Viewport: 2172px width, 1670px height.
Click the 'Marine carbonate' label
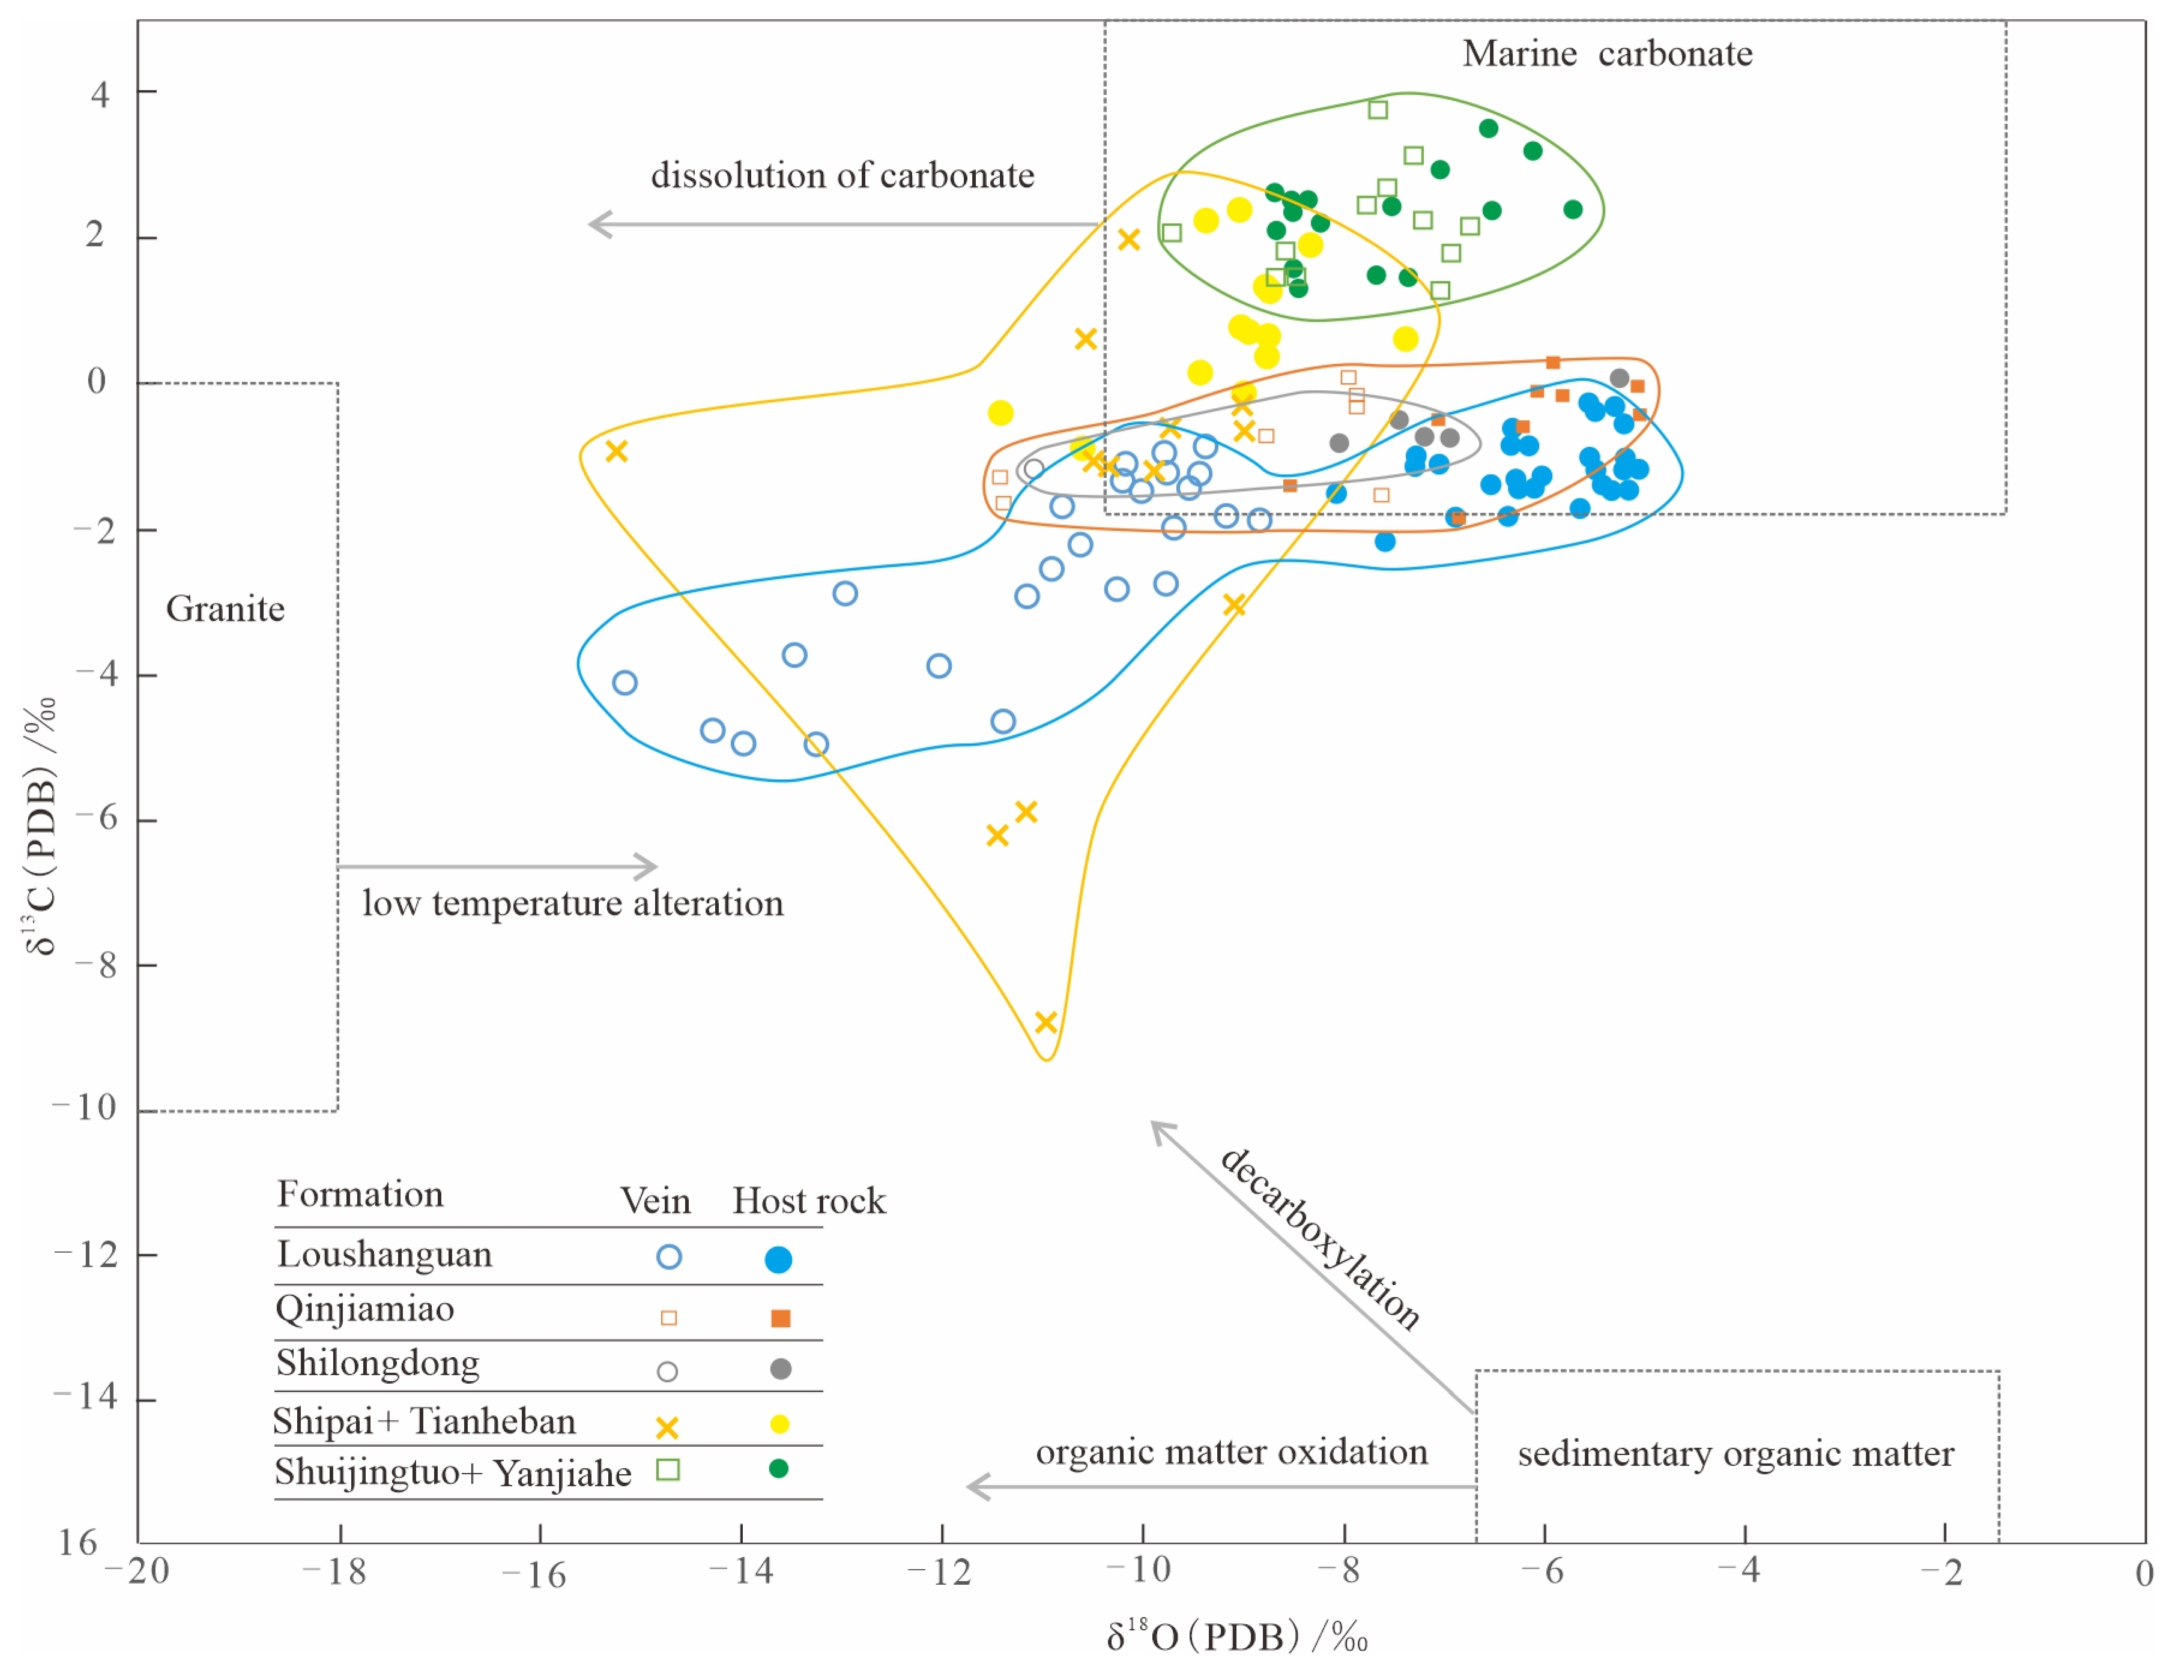[1607, 53]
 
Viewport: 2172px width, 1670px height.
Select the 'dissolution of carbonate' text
[842, 176]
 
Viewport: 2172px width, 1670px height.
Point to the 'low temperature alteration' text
[573, 903]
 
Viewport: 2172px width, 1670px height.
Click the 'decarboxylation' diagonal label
[1320, 1238]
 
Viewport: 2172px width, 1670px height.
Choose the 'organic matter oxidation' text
[1231, 1452]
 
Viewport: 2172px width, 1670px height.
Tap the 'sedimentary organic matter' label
[1735, 1454]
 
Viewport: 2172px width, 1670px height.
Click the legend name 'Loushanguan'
[384, 1255]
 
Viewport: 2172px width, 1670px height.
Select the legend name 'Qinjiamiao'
[365, 1309]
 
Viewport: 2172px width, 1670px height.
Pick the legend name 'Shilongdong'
[378, 1363]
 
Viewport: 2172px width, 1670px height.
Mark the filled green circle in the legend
[779, 1468]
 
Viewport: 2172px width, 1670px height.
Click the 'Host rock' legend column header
[808, 1201]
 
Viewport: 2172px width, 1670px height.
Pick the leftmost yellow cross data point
[617, 451]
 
